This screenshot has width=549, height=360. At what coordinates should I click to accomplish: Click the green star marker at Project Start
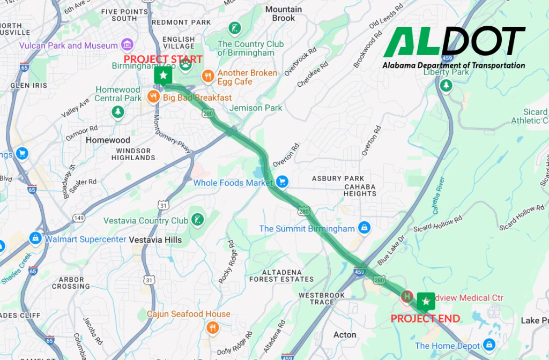click(x=163, y=76)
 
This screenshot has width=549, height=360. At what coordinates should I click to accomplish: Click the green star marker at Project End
click(x=426, y=302)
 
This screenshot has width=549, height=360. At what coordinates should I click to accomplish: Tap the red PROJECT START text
click(x=163, y=59)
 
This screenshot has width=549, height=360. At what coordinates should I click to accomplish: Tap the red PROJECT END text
click(x=425, y=319)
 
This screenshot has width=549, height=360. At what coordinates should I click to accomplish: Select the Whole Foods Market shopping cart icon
click(x=282, y=183)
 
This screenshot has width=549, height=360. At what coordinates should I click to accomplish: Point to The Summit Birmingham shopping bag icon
click(x=364, y=228)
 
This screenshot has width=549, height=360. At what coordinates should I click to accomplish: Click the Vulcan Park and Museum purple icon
click(x=127, y=45)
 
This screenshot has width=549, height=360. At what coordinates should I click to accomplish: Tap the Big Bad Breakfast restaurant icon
click(x=153, y=97)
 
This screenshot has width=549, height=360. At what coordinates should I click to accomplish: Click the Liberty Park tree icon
click(x=446, y=85)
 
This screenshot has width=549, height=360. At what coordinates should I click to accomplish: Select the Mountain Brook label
click(x=284, y=14)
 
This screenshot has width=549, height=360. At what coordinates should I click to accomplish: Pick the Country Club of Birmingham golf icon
click(x=234, y=28)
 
